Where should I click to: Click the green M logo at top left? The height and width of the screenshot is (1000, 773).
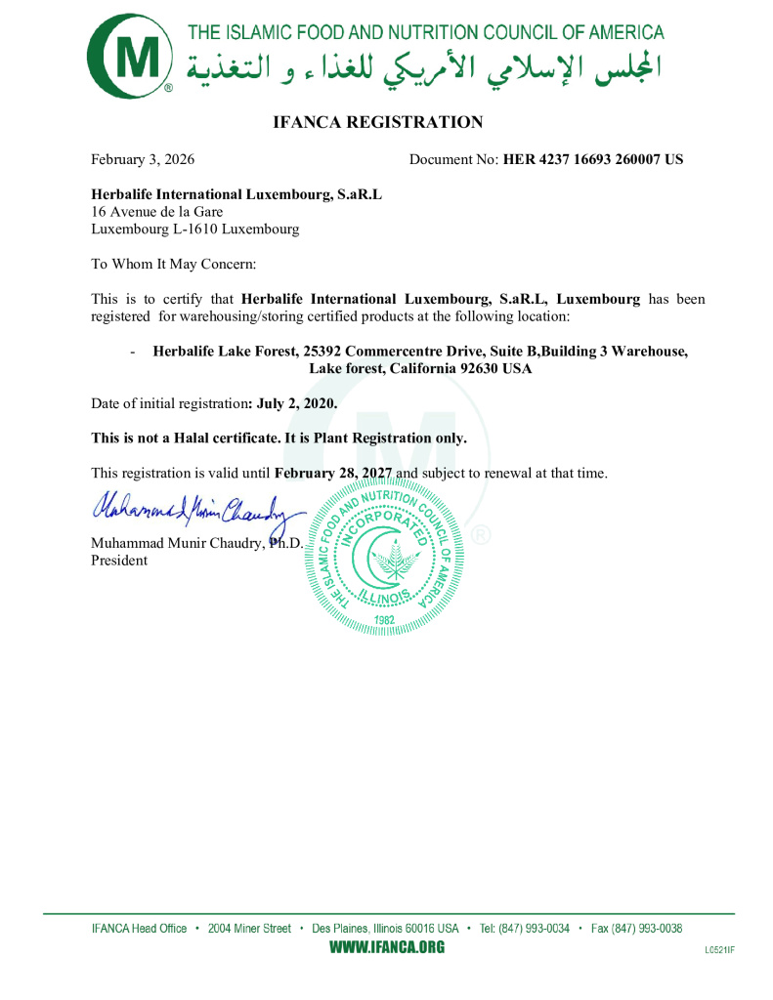pos(129,55)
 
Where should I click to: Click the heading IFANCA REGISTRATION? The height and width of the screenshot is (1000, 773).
pos(378,123)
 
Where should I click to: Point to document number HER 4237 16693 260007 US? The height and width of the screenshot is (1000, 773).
pos(593,159)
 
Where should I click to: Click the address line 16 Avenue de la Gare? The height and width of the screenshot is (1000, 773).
pos(156,212)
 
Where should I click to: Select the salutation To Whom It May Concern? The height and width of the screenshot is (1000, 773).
pos(174,265)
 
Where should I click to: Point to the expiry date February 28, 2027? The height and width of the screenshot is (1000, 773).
pos(333,474)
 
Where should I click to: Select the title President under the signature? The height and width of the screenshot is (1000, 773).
pos(119,561)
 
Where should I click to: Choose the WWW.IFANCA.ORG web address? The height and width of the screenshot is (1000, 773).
pos(386,947)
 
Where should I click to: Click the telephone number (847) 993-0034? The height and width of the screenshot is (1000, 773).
pos(534,929)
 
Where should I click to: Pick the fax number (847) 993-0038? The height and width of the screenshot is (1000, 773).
pos(647,929)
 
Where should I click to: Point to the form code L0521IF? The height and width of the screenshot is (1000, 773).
pos(719,950)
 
